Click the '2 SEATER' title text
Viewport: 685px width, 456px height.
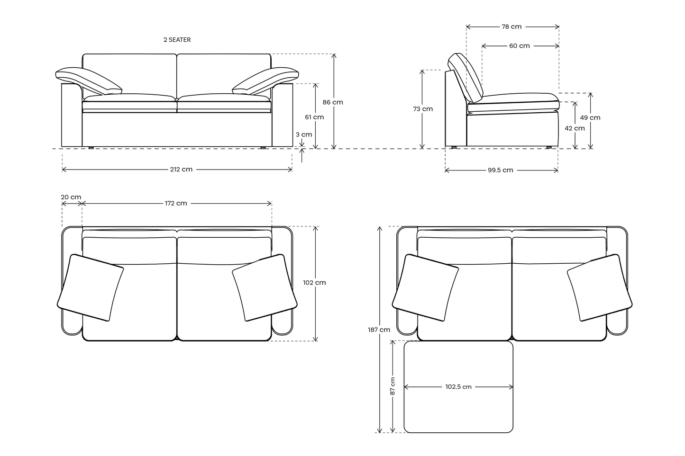tap(177, 40)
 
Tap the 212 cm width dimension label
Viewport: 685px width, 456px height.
tap(182, 170)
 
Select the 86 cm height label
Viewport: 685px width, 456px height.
tap(333, 102)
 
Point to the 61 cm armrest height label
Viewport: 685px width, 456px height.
tap(314, 117)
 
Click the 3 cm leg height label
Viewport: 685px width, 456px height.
tap(304, 134)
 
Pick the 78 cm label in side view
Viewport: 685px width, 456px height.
tap(511, 27)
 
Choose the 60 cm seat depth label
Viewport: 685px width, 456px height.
tap(520, 46)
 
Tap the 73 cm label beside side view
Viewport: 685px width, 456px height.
tap(423, 109)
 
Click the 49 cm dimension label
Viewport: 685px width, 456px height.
tap(590, 117)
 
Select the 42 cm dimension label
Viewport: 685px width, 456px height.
tap(575, 128)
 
